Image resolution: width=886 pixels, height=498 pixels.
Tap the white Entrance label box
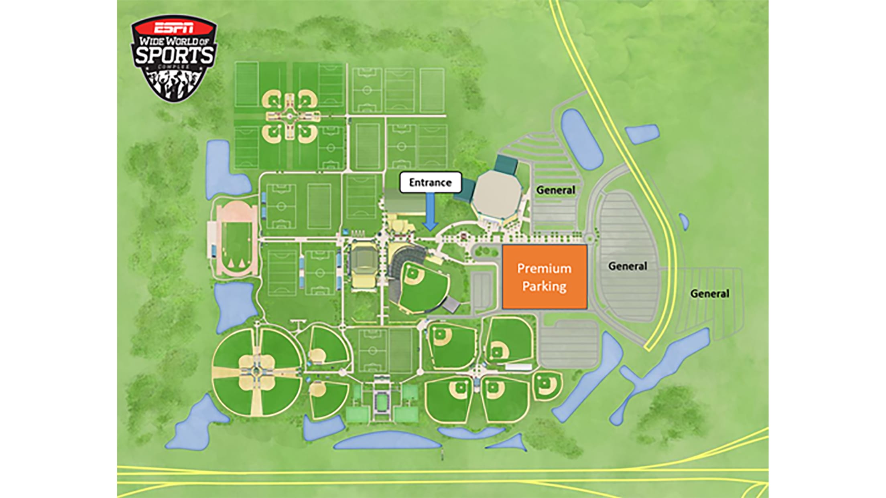[x=431, y=183]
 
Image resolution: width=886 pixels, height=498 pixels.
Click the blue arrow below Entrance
[x=430, y=213]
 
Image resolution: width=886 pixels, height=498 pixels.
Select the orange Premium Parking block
[x=545, y=277]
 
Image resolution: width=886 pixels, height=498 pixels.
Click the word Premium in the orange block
[x=544, y=268]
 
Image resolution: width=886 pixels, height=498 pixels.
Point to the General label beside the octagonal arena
[x=556, y=190]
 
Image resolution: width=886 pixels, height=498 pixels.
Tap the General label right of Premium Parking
[x=628, y=266]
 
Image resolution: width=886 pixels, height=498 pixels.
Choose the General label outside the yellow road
[x=709, y=294]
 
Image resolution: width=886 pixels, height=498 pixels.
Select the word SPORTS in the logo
[x=174, y=55]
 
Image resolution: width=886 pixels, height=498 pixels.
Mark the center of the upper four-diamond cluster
[x=290, y=116]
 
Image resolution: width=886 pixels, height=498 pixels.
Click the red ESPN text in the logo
[x=174, y=28]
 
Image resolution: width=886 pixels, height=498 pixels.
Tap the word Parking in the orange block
[x=544, y=286]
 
